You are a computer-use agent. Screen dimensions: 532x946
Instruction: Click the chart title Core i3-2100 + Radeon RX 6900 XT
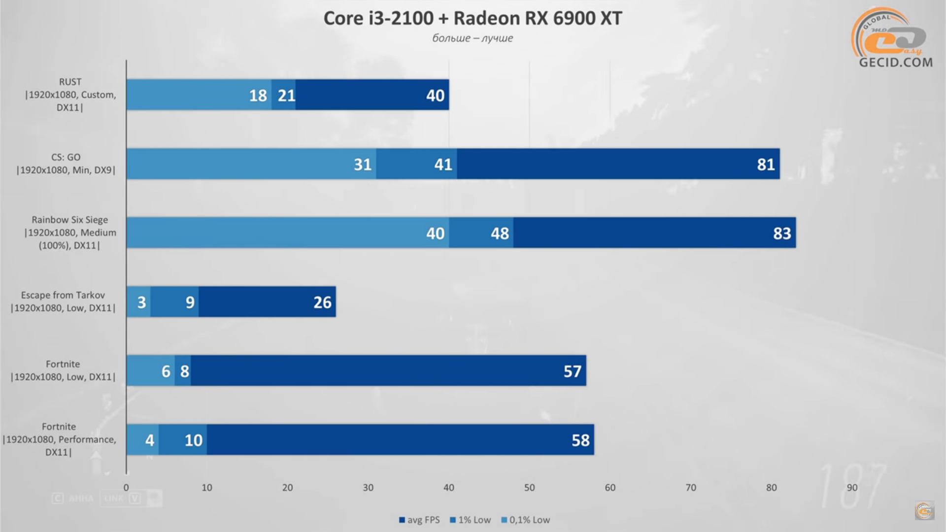473,18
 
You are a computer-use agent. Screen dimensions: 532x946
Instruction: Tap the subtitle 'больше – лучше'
473,38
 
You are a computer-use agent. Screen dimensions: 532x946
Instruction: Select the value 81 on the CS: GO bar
766,165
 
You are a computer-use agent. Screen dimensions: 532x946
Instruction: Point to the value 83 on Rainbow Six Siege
781,233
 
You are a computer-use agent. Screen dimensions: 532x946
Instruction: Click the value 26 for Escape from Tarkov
322,302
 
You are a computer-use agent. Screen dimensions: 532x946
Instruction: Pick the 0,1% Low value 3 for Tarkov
141,302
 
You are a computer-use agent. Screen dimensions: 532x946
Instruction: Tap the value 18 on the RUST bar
258,96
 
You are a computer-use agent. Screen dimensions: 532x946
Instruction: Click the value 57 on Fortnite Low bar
572,371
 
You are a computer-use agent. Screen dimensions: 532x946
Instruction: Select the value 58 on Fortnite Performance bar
580,440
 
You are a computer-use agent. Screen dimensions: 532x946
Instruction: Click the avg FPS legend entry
419,520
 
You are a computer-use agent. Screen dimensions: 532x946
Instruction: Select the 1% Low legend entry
471,520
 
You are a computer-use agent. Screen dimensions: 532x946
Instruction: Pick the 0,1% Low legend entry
526,520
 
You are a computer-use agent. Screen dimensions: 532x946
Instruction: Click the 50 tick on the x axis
529,487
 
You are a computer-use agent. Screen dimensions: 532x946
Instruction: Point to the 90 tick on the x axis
852,487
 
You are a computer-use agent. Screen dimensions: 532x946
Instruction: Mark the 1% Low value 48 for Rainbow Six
500,233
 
